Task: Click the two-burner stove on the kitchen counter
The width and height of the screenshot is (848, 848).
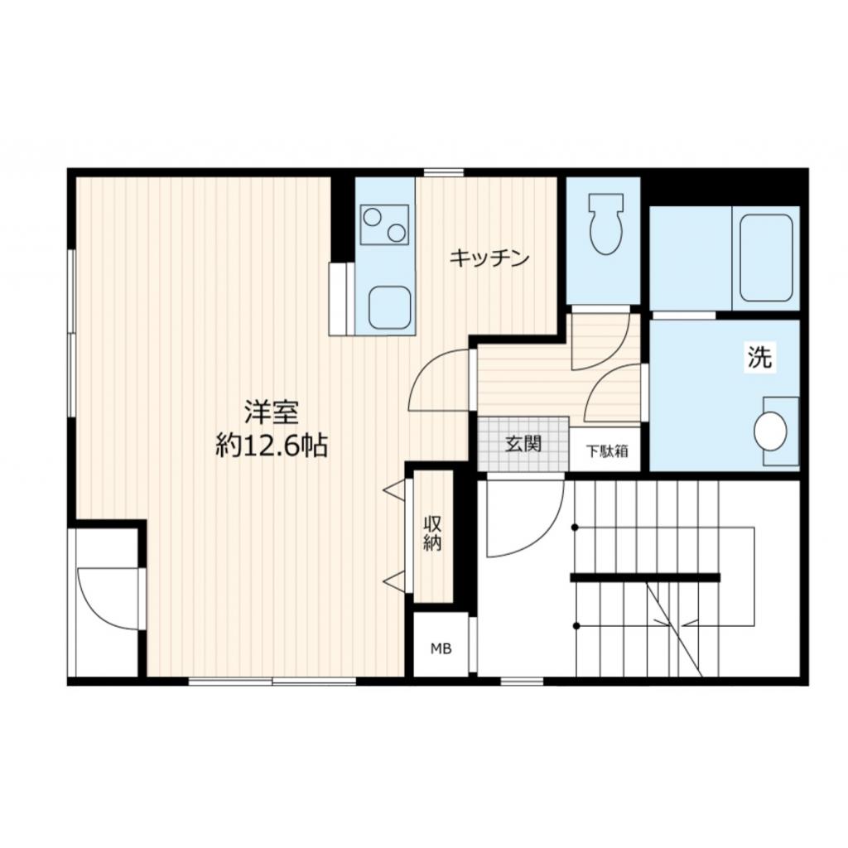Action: (x=384, y=224)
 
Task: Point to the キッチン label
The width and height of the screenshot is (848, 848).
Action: (x=489, y=259)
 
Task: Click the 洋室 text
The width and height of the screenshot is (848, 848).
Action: (x=271, y=412)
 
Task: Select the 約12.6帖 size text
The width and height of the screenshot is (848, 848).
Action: (x=271, y=446)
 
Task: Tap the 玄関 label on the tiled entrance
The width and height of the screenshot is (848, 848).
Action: (x=523, y=444)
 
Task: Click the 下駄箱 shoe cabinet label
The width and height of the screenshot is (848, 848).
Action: (x=607, y=451)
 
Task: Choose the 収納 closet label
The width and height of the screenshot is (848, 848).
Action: (x=432, y=534)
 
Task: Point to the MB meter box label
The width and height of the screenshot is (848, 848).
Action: (x=441, y=648)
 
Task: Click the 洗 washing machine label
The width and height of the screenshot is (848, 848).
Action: (x=759, y=358)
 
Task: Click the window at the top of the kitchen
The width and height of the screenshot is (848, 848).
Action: (x=443, y=172)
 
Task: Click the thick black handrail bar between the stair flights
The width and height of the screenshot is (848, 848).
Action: (x=644, y=577)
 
